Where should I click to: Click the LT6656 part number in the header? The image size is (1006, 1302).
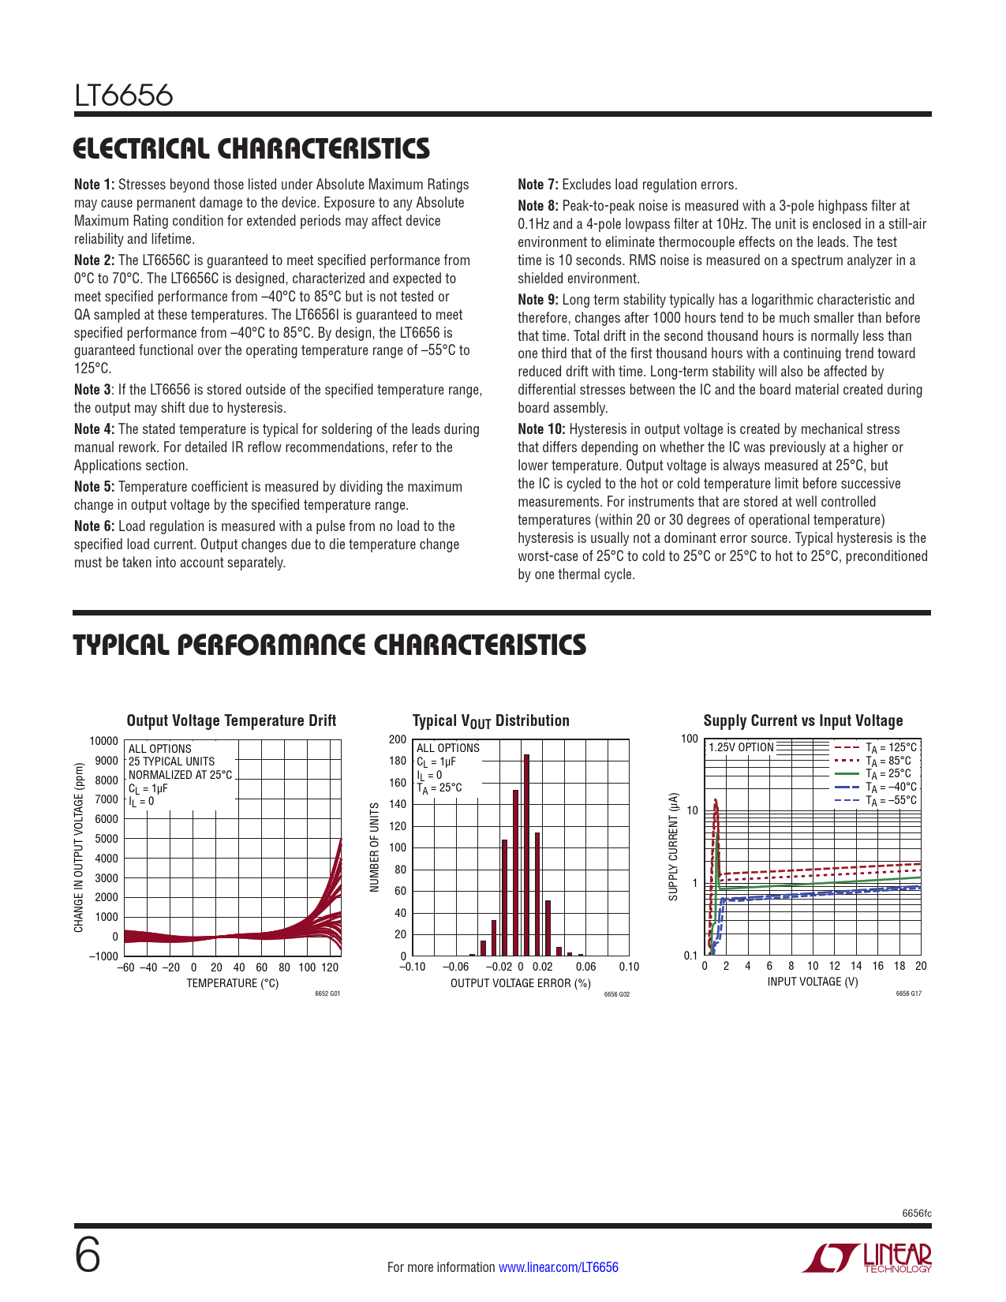tap(124, 95)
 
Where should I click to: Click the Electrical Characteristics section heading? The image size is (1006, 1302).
tap(252, 148)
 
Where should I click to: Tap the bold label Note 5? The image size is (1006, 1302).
tap(95, 487)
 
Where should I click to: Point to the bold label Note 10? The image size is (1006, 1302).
tap(541, 429)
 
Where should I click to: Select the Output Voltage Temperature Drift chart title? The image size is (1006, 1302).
tap(231, 720)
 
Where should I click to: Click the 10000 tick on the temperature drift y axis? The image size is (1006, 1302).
tap(104, 741)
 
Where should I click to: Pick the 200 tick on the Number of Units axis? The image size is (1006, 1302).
tap(398, 739)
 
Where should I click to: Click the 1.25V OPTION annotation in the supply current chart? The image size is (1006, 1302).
tap(741, 747)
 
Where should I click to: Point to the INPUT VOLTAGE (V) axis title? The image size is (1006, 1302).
tap(813, 982)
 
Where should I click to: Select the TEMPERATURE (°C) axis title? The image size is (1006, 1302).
tap(233, 983)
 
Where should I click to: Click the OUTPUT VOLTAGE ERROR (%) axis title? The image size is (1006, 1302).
tap(521, 983)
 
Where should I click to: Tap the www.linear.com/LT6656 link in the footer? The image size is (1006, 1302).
tap(559, 1267)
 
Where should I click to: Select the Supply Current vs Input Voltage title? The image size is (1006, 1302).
tap(803, 720)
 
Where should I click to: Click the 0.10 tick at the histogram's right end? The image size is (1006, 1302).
tap(629, 967)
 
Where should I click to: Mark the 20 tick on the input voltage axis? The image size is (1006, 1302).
tap(921, 966)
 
